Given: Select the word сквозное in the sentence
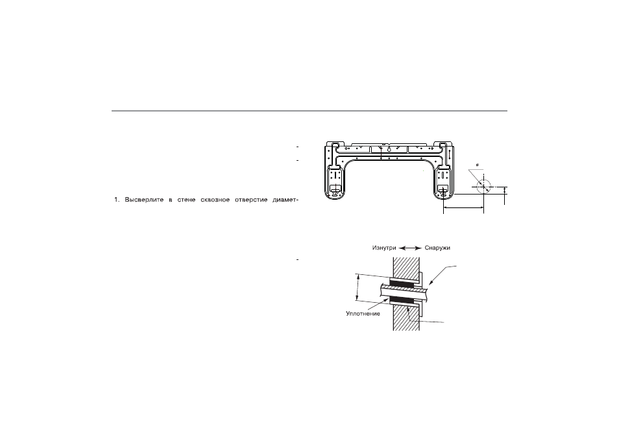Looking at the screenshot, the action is [215, 200].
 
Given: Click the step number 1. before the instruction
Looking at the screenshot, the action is [117, 200].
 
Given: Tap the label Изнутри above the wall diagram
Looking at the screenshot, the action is [384, 248].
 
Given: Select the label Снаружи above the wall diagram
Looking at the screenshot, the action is [437, 248].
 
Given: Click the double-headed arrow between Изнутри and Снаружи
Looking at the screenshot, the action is [410, 248].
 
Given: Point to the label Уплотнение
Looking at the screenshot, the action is [363, 314].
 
